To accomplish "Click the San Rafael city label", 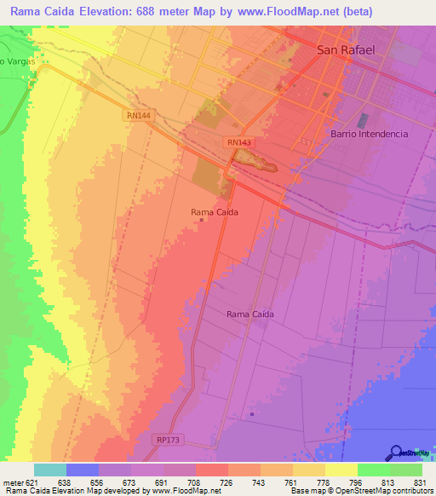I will [x=346, y=50].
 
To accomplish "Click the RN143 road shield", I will [x=239, y=142].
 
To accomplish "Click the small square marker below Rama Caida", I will [x=202, y=222].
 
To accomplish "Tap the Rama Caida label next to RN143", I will [x=214, y=212].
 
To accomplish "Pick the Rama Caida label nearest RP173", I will [x=250, y=314].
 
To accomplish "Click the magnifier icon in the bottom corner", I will [x=396, y=453].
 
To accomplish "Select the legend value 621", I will [x=33, y=482].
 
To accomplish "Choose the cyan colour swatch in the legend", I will [x=49, y=470].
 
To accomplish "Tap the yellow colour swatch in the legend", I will [x=341, y=470].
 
